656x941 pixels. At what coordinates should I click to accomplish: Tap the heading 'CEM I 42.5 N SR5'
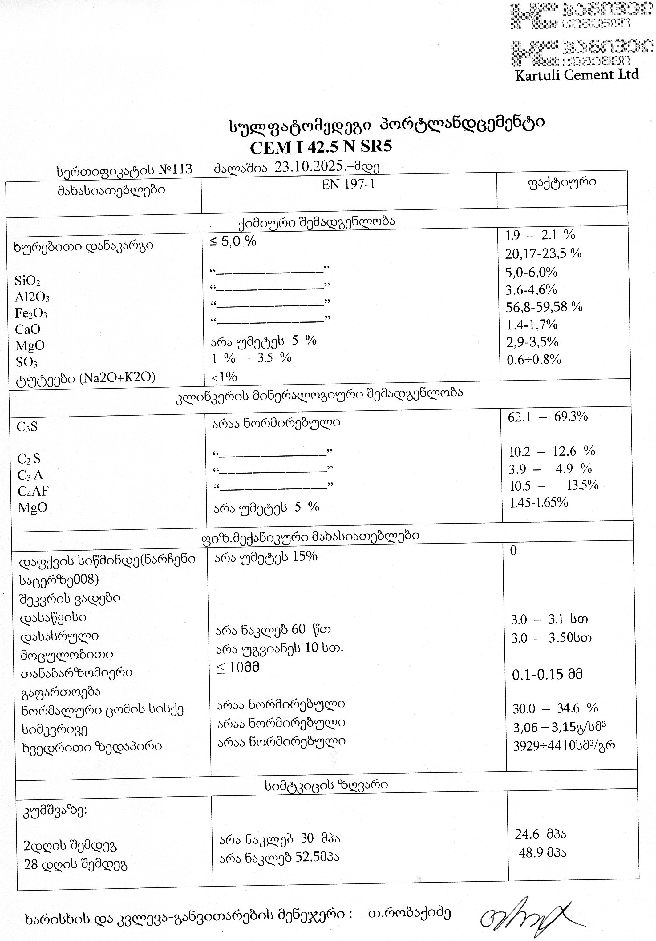pos(321,147)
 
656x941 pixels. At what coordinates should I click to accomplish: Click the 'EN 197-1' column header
pos(348,185)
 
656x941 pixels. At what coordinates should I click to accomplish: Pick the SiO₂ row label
pos(27,281)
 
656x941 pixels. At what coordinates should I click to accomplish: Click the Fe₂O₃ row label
pos(31,313)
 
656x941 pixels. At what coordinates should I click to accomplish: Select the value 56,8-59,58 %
pos(544,307)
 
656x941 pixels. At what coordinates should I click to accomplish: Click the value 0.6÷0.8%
pos(534,360)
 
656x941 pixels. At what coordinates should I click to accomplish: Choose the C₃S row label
pos(27,427)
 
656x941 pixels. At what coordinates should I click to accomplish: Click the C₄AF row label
pos(33,491)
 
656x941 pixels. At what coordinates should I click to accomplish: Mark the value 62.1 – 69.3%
pos(548,417)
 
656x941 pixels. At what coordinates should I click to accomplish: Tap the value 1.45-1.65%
pos(539,502)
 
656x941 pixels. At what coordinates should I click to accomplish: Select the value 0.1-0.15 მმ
pos(547,675)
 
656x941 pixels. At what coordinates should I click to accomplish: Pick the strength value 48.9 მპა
pos(542,853)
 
